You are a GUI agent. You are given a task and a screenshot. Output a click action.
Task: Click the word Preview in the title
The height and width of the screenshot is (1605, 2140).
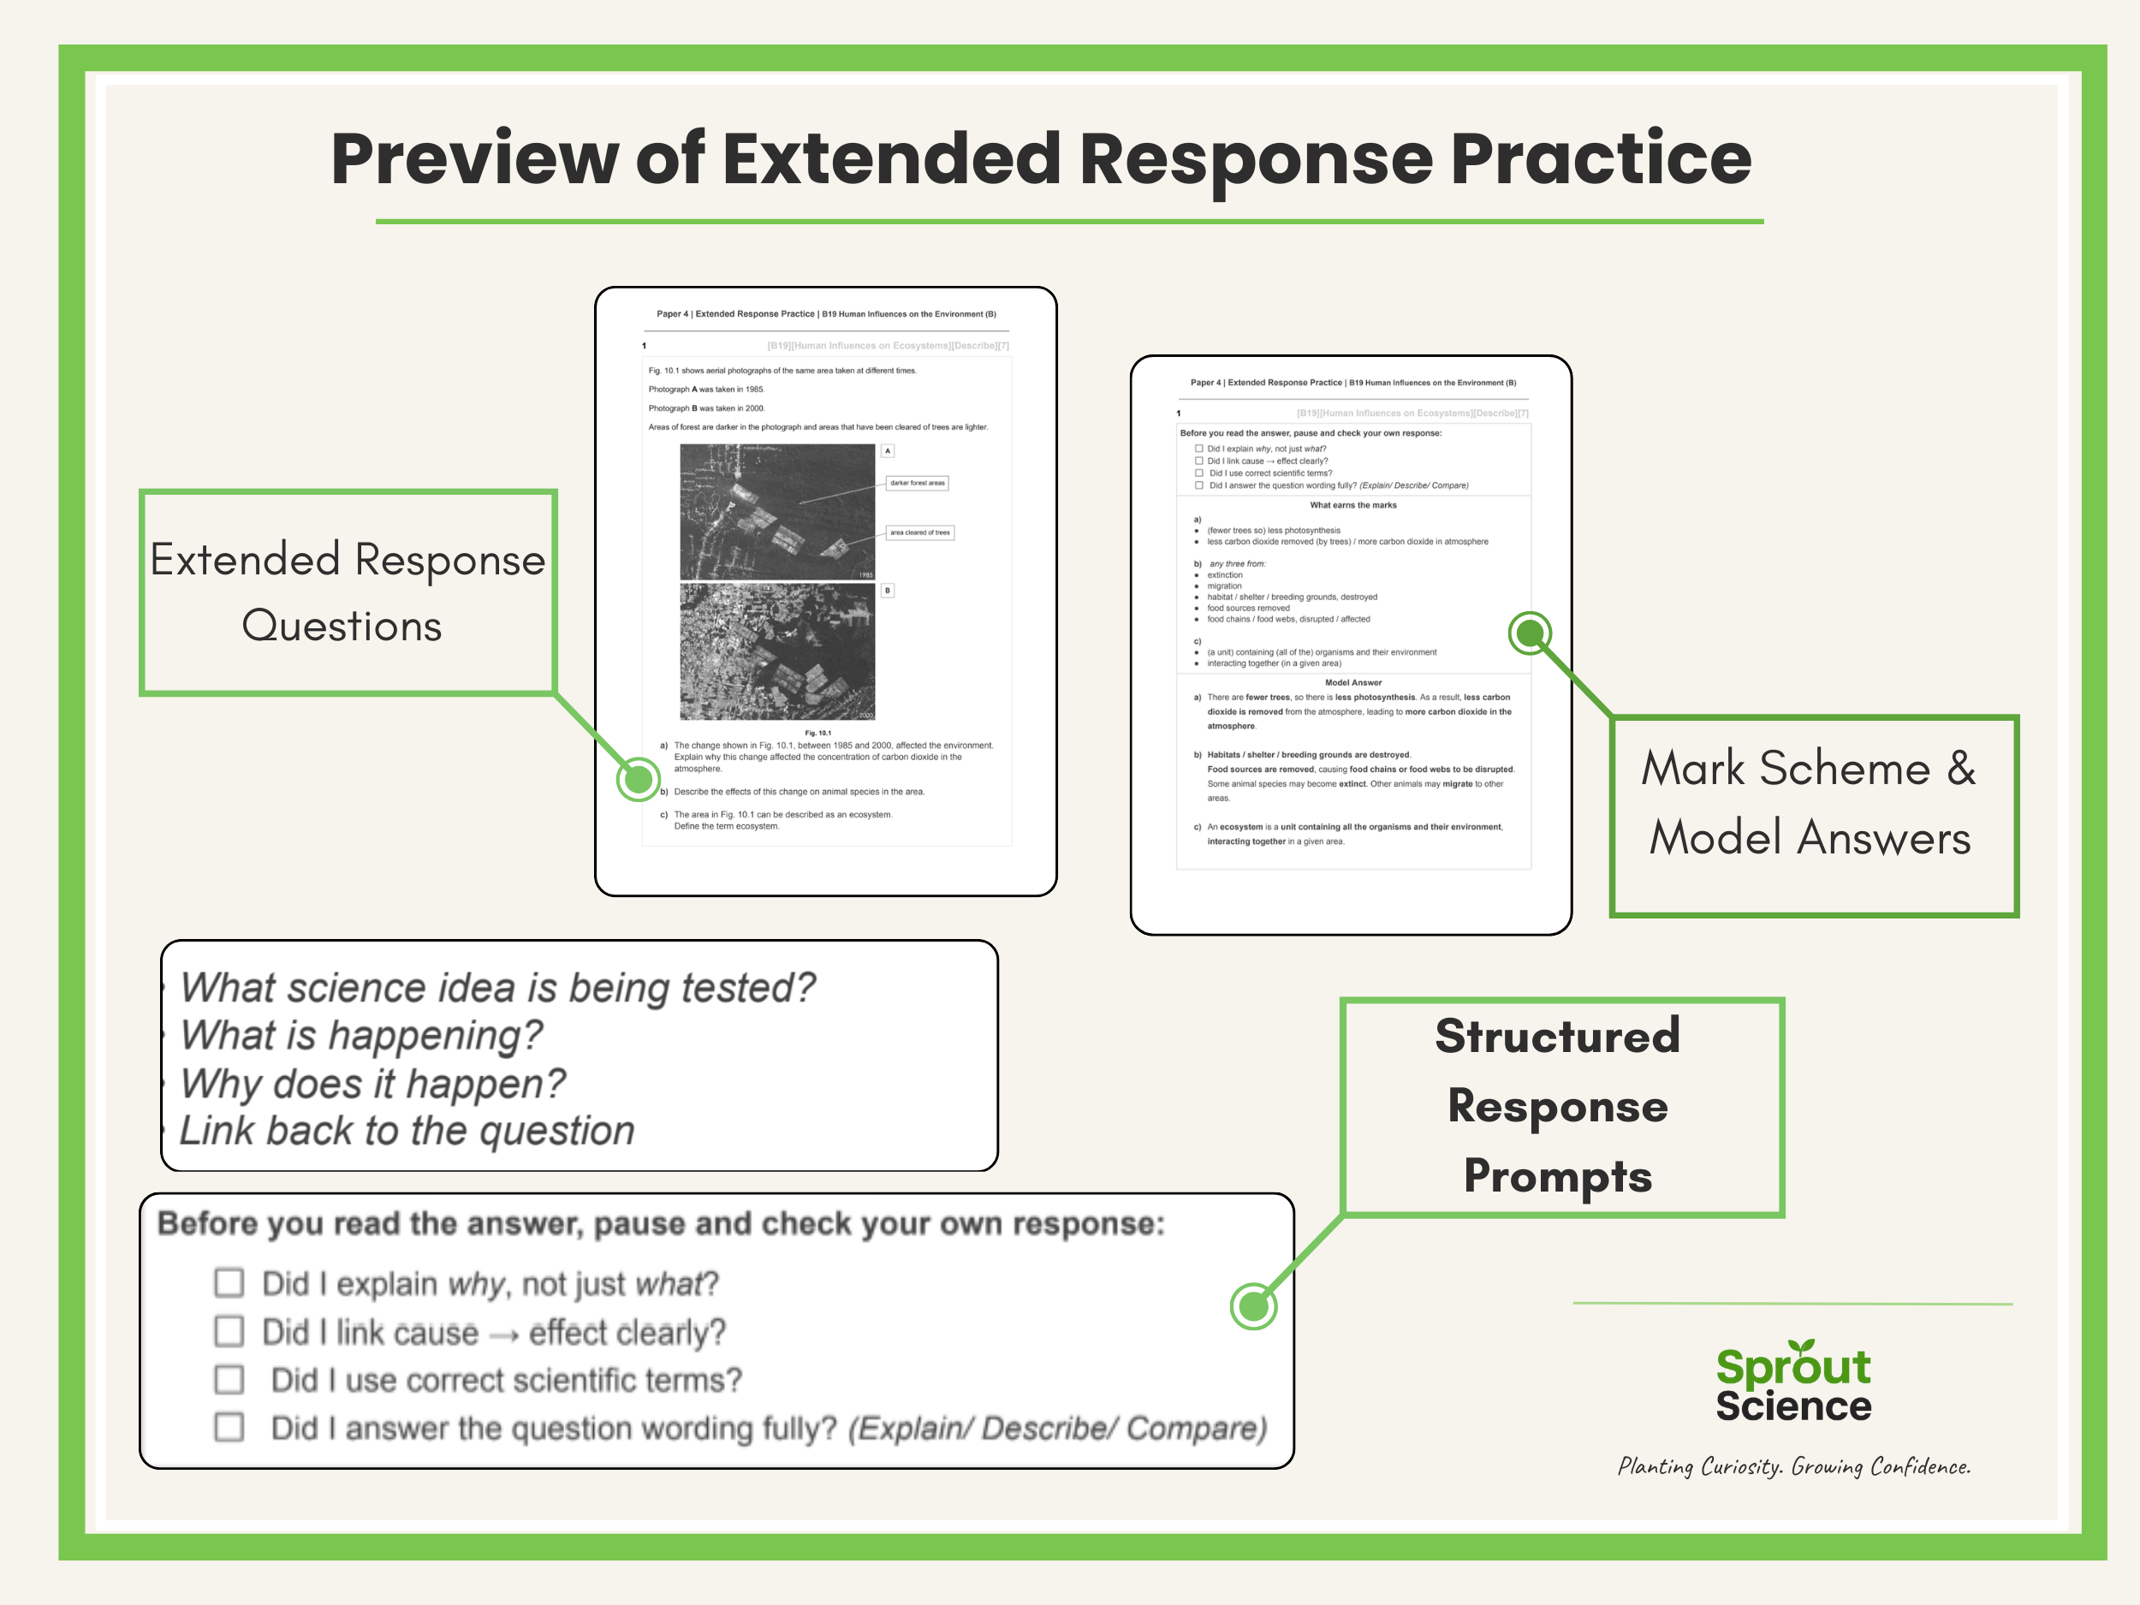click(474, 159)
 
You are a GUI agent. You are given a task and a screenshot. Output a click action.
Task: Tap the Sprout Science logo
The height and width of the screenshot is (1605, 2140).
click(1792, 1383)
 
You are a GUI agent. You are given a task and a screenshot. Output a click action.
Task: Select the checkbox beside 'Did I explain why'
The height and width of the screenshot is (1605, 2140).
click(229, 1283)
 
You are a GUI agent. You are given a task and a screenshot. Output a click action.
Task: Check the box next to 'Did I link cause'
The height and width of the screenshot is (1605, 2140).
click(229, 1331)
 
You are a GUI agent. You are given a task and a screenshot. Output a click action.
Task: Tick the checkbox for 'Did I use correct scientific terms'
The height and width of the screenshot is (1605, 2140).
click(229, 1380)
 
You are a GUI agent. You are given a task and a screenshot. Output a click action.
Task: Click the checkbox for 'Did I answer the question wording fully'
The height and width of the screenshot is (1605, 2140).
click(229, 1427)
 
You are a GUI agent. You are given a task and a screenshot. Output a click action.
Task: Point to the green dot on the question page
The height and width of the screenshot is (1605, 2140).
click(638, 779)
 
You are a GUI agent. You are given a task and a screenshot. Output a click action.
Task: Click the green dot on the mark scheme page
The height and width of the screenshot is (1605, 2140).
click(1530, 633)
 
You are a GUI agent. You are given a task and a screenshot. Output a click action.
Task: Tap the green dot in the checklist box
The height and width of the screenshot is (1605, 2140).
click(1253, 1307)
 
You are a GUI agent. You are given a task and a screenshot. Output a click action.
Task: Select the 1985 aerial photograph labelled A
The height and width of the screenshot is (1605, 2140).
click(777, 512)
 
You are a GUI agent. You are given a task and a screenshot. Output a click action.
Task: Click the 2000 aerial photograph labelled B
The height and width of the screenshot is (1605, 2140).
click(777, 651)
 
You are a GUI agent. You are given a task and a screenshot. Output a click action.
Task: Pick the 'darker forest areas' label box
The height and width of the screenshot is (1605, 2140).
click(917, 483)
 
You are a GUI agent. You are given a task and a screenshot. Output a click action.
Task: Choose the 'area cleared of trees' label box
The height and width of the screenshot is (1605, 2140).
click(920, 532)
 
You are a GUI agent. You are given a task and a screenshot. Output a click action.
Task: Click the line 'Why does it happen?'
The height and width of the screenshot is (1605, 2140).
click(372, 1084)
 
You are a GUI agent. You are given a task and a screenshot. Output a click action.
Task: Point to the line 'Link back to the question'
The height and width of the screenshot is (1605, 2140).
click(407, 1131)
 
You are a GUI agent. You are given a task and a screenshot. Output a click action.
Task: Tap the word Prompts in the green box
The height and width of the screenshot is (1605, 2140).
click(1558, 1176)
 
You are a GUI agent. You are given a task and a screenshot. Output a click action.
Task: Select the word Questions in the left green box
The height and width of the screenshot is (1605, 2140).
click(342, 626)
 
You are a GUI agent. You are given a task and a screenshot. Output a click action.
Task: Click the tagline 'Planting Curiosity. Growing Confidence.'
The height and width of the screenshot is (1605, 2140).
click(1793, 1466)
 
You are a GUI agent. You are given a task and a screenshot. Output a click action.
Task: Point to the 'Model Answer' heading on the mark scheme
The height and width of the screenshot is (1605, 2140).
click(1352, 682)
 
